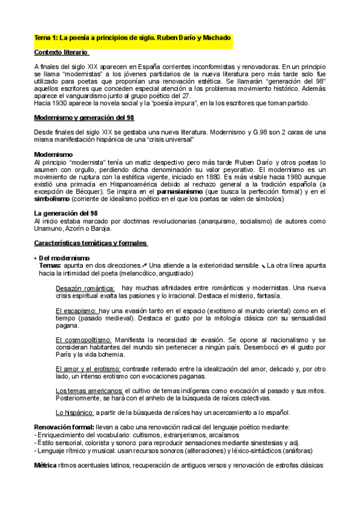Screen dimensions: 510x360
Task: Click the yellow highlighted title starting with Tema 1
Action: point(133,38)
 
